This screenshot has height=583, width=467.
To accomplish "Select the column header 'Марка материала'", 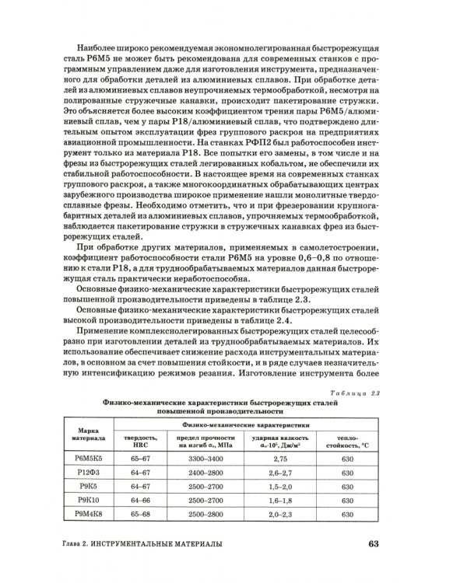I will pyautogui.click(x=86, y=431).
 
